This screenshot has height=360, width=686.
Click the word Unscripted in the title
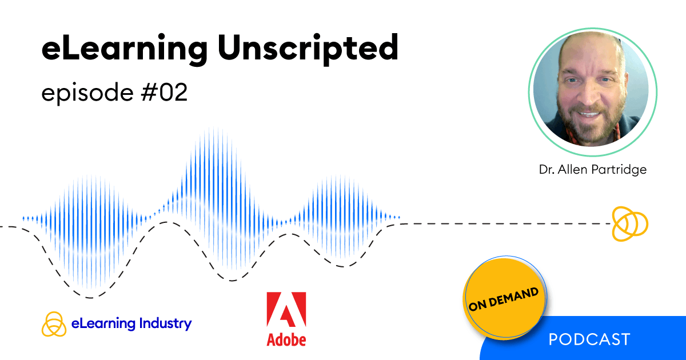(308, 49)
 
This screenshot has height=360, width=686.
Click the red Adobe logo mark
(286, 311)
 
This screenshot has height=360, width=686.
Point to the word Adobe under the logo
(286, 339)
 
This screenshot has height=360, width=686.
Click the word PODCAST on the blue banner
(589, 339)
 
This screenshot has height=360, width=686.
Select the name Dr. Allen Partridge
(593, 170)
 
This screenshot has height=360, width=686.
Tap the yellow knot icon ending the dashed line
(629, 223)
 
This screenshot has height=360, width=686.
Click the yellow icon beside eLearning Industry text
(54, 324)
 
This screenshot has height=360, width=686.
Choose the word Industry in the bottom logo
(165, 323)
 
